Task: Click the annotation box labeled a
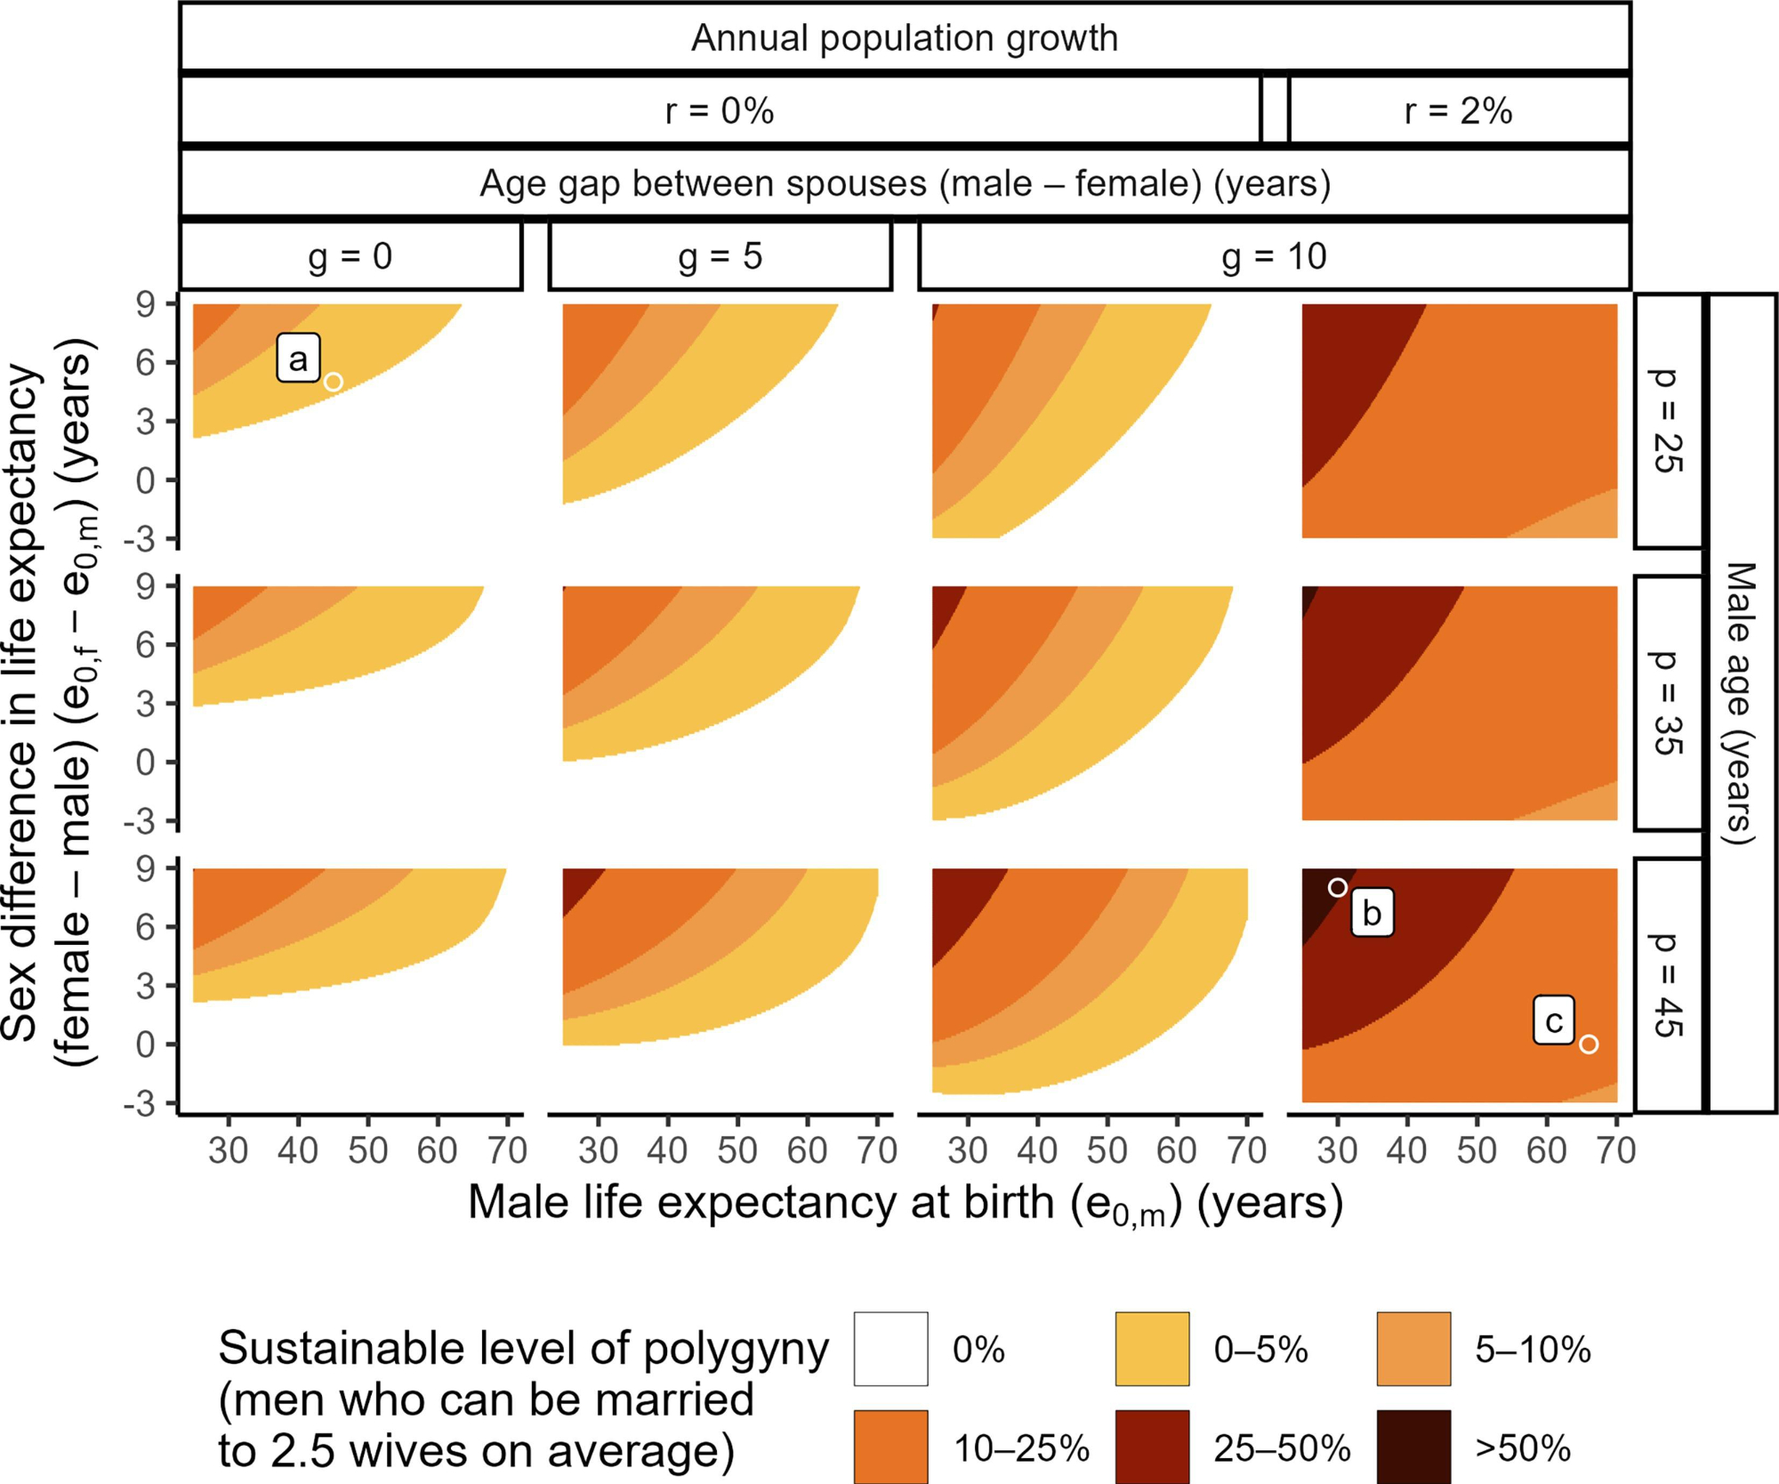[x=298, y=359]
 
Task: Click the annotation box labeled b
[x=1372, y=913]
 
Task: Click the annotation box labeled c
[x=1553, y=1020]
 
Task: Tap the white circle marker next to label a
[x=334, y=382]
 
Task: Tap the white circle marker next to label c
[x=1589, y=1044]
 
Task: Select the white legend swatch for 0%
[x=890, y=1349]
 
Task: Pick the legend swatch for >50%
[x=1413, y=1447]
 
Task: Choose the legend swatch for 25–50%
[x=1152, y=1447]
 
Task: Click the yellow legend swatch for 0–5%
[x=1152, y=1349]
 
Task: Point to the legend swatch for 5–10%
[x=1413, y=1349]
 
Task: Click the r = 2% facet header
[x=1458, y=111]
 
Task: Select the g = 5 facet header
[x=720, y=256]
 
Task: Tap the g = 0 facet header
[x=350, y=256]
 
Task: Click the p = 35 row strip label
[x=1668, y=703]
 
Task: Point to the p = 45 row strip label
[x=1668, y=985]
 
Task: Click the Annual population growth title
[x=905, y=38]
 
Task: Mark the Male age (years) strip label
[x=1742, y=703]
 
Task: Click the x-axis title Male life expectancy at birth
[x=905, y=1204]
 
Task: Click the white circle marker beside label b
[x=1337, y=887]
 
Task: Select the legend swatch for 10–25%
[x=890, y=1447]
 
